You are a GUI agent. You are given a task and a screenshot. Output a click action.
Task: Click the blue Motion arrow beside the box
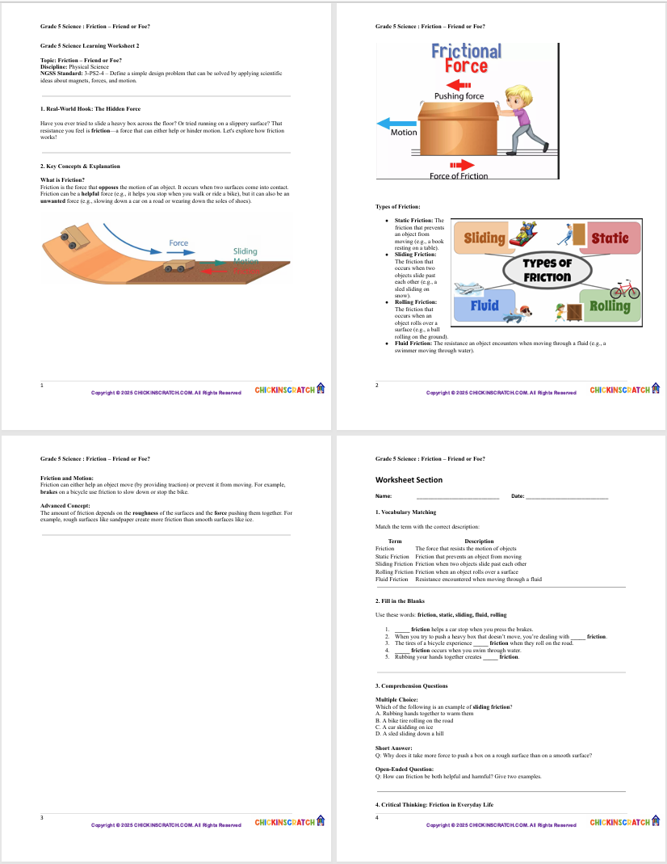click(396, 123)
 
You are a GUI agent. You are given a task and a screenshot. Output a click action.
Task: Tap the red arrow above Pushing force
click(458, 84)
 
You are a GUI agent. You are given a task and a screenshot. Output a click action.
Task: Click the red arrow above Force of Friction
click(457, 163)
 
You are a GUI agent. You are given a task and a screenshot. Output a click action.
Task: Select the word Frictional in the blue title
click(466, 51)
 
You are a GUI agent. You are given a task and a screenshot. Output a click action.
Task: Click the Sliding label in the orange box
click(485, 238)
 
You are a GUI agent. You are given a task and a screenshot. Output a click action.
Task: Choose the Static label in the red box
click(615, 238)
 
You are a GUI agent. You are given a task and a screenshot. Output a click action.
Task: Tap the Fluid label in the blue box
click(485, 306)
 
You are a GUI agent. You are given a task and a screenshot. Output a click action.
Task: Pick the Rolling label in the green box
click(610, 306)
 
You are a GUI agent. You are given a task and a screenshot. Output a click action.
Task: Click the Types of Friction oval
click(547, 271)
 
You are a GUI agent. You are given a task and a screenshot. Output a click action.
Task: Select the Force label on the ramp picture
click(178, 242)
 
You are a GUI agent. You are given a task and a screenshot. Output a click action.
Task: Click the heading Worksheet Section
click(409, 480)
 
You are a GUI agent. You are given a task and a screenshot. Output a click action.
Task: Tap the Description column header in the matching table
click(479, 542)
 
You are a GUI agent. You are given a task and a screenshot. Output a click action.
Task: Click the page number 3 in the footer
click(42, 818)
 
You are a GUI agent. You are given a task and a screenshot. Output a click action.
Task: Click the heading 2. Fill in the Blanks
click(400, 601)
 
